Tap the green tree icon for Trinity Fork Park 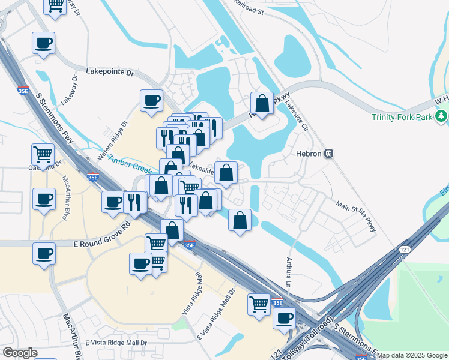click(x=441, y=116)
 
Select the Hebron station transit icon click(x=329, y=154)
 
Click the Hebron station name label click(x=309, y=154)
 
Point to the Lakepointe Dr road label click(x=110, y=71)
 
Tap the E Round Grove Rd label click(x=102, y=235)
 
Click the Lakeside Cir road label click(x=296, y=111)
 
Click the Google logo click(x=20, y=353)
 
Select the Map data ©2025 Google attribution click(x=412, y=355)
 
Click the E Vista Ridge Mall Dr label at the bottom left click(x=116, y=342)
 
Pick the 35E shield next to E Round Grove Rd click(x=189, y=245)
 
